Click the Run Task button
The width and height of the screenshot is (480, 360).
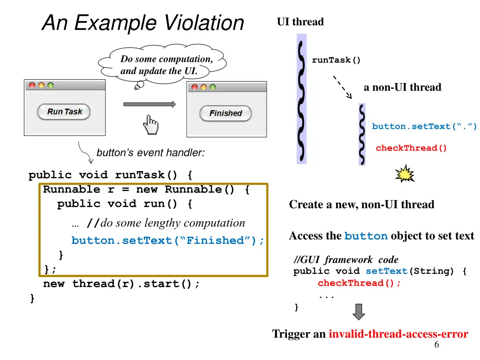coord(64,112)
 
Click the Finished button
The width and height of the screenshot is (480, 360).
coord(225,113)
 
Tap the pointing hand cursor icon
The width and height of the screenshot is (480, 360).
coord(150,124)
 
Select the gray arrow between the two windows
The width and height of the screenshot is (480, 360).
coord(149,104)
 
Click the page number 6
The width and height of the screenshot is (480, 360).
coord(436,345)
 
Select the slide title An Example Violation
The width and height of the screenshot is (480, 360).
coord(143,22)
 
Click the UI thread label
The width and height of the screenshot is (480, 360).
coord(300,22)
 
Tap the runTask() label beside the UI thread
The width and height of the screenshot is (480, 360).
coord(337,60)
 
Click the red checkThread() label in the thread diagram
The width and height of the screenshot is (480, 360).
coord(411,148)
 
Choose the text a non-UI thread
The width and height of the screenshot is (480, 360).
coord(402,87)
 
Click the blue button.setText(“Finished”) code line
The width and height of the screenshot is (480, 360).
coord(167,240)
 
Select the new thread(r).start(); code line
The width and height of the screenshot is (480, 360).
coord(121,284)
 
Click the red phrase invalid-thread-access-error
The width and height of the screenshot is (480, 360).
coord(398,334)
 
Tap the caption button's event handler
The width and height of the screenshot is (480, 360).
coord(150,153)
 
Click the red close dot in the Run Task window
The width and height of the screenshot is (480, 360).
coord(32,85)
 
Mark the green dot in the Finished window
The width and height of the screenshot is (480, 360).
coord(213,87)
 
